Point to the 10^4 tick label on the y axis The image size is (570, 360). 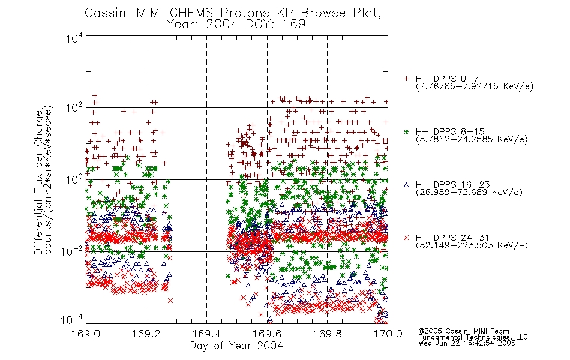(x=74, y=38)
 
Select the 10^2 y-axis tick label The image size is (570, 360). (x=74, y=108)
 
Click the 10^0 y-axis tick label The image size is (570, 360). (x=74, y=180)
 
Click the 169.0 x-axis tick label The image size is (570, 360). (x=86, y=334)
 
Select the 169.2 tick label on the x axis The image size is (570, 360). (x=146, y=334)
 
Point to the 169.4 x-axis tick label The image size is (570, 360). (x=206, y=334)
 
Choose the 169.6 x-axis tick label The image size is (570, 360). (x=267, y=334)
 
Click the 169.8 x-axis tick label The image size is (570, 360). (x=327, y=334)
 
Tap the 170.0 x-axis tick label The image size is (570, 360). (x=388, y=334)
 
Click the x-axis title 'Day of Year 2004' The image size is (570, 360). (x=236, y=346)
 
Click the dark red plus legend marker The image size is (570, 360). (x=406, y=79)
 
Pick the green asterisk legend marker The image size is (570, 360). (x=406, y=131)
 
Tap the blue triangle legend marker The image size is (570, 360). (x=406, y=185)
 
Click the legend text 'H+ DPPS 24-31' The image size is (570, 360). (x=452, y=238)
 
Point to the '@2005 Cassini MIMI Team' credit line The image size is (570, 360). (x=463, y=331)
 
